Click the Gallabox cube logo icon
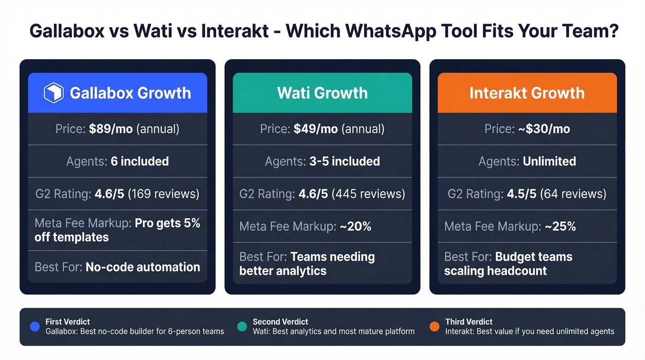click(x=53, y=93)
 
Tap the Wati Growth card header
click(x=322, y=93)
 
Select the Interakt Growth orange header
click(x=527, y=93)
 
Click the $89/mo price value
click(x=111, y=129)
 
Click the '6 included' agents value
click(x=140, y=161)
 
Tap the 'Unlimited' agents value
click(x=549, y=161)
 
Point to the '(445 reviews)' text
click(x=369, y=194)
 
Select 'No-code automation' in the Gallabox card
click(x=143, y=267)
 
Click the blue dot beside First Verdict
click(x=35, y=327)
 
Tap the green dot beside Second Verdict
click(x=242, y=327)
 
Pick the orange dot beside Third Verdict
click(x=434, y=327)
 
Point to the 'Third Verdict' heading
click(x=469, y=322)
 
